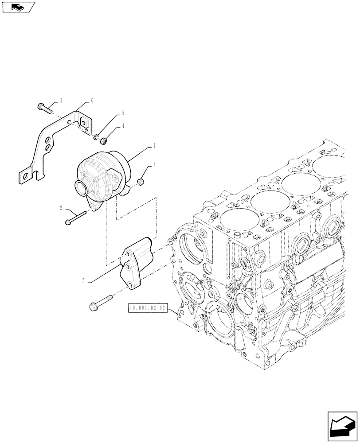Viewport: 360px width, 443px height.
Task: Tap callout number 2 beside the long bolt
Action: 62,207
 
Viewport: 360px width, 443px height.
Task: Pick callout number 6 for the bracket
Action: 92,101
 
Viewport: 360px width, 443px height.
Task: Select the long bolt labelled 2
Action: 78,218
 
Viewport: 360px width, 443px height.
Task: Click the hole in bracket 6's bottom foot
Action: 25,175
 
